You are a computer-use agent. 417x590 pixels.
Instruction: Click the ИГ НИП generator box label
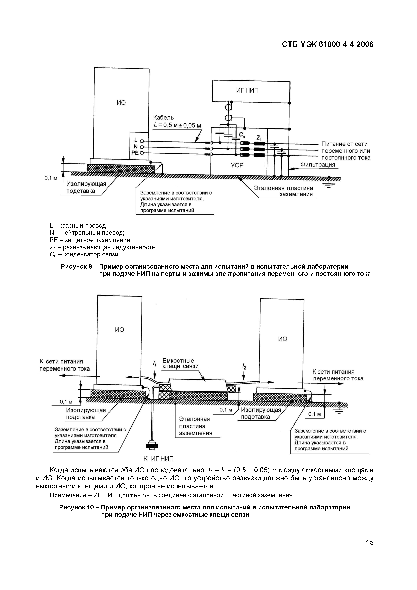pyautogui.click(x=247, y=90)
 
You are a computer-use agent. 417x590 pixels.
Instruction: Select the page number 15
pyautogui.click(x=369, y=542)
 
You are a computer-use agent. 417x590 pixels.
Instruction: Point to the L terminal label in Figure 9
pyautogui.click(x=136, y=140)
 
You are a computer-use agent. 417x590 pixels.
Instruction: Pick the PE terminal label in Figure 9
pyautogui.click(x=135, y=153)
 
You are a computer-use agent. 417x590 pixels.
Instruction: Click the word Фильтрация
pyautogui.click(x=318, y=165)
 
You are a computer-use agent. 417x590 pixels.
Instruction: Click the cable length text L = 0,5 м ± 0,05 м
pyautogui.click(x=177, y=125)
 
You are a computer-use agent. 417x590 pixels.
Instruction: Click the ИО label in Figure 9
pyautogui.click(x=121, y=103)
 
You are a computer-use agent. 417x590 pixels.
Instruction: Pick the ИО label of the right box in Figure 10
pyautogui.click(x=283, y=339)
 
